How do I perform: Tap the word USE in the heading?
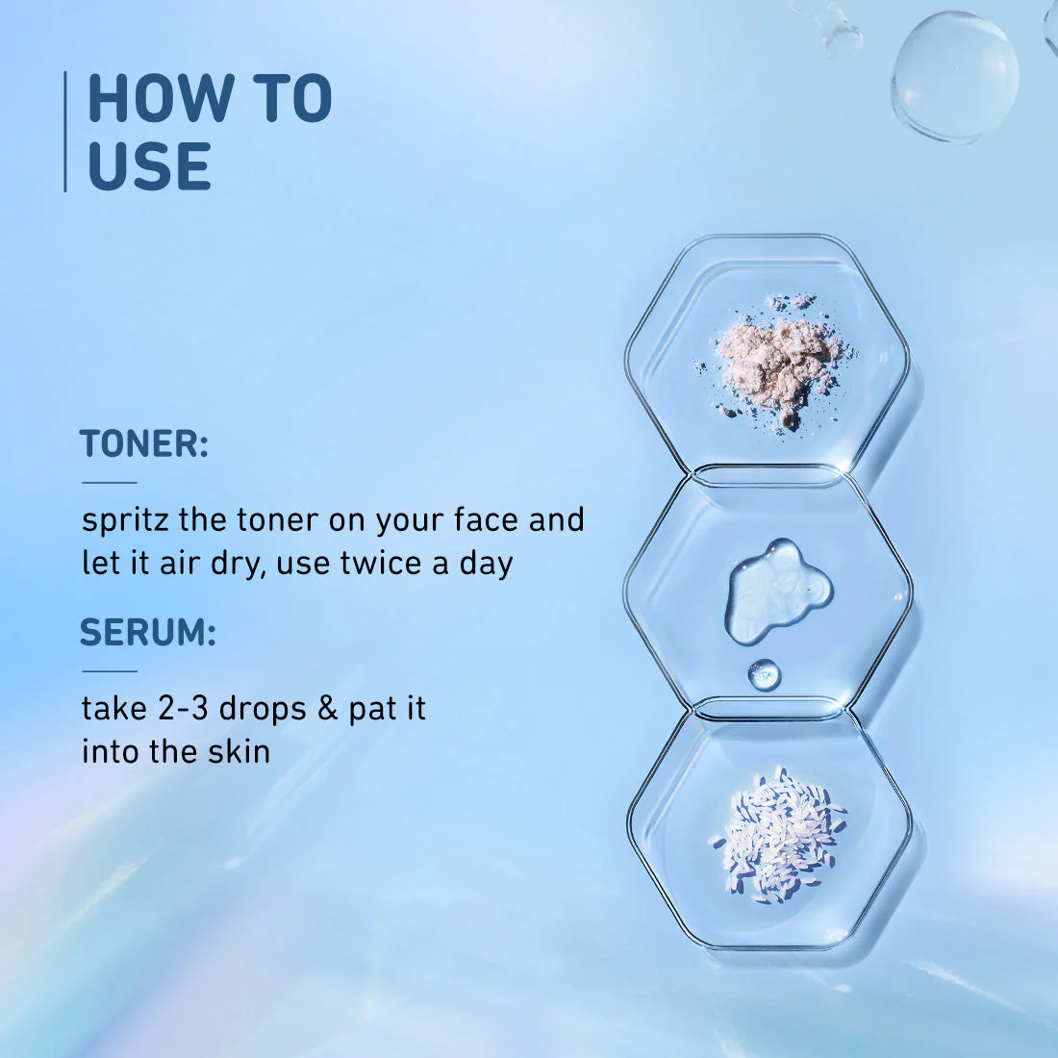click(x=149, y=166)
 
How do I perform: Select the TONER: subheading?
click(x=143, y=444)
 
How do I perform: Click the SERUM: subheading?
click(x=148, y=633)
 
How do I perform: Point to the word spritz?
click(x=125, y=522)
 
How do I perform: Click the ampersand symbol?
click(x=328, y=709)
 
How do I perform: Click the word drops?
click(x=264, y=709)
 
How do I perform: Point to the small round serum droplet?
click(x=765, y=675)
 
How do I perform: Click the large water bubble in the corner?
click(x=954, y=76)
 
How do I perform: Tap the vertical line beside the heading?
click(x=65, y=132)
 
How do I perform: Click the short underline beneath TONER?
click(x=110, y=483)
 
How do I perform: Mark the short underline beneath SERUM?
click(x=110, y=671)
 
